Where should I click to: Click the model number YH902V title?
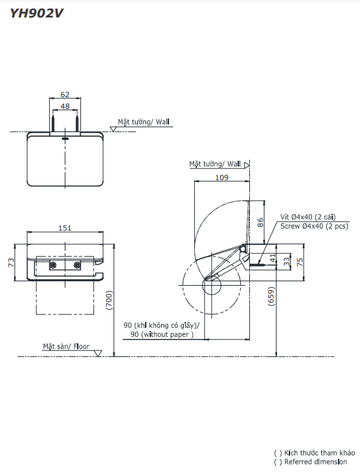coord(36,12)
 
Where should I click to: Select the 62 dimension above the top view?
coord(65,94)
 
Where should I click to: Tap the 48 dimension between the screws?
coord(65,106)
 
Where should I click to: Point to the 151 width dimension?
coord(65,227)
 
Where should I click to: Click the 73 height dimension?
coord(11,262)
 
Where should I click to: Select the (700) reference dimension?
coord(110,299)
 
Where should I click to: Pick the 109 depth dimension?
coord(221,177)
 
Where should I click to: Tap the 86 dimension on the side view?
coord(260,221)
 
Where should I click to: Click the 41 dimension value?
coord(272,259)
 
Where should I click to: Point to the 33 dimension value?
coord(286,260)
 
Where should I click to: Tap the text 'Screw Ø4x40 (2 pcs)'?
coord(314,226)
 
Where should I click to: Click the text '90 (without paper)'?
coord(162,334)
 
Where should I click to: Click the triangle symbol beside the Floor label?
coord(98,353)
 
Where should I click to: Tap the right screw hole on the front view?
coord(78,265)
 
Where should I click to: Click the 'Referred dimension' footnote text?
coord(310,461)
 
